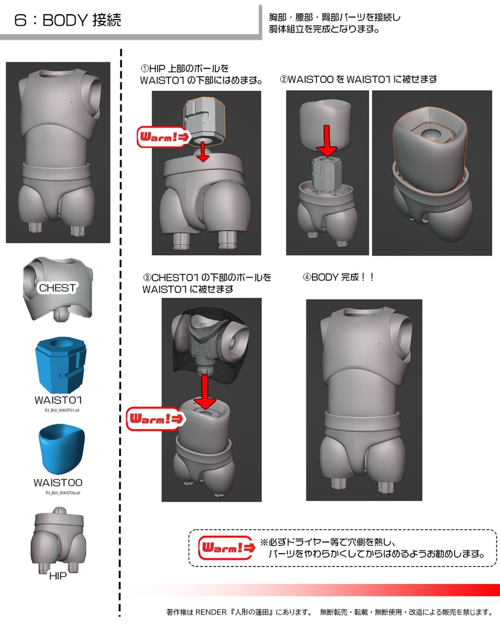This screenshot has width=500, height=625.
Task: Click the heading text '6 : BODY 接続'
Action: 68,20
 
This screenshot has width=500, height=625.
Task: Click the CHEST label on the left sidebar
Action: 57,287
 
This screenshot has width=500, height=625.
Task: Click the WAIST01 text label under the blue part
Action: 59,400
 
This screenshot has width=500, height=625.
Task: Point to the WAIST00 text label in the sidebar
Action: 58,483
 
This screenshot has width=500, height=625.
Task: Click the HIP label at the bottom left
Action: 57,576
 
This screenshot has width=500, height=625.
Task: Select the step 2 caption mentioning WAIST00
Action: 358,79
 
